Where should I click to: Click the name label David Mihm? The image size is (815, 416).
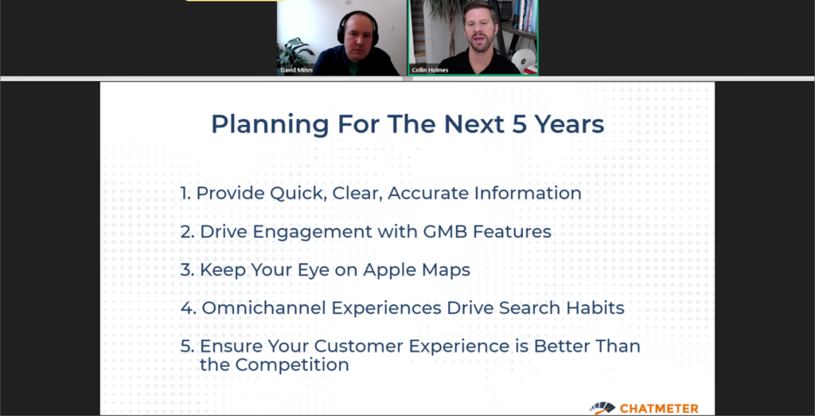click(297, 70)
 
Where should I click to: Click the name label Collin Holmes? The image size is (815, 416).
click(430, 70)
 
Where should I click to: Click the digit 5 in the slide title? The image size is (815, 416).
click(516, 124)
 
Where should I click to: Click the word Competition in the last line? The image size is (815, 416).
click(291, 365)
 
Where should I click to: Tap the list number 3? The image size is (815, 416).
click(187, 269)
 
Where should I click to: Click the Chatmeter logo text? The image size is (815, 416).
click(659, 409)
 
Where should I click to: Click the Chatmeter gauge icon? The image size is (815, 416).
click(602, 408)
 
